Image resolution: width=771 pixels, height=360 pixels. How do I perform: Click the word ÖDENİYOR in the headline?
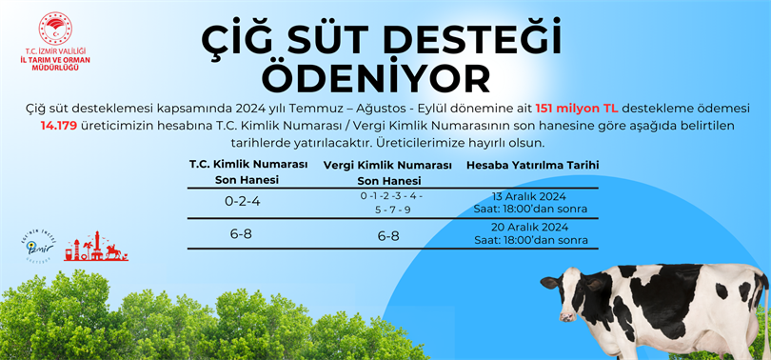tap(376, 78)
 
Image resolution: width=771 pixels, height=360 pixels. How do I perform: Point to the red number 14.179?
tap(58, 126)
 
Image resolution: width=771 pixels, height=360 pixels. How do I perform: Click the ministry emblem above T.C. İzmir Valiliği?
tap(55, 29)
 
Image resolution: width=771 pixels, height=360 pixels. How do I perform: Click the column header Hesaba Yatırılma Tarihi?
tap(532, 166)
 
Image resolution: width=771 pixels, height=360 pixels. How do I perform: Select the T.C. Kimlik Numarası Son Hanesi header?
tap(248, 172)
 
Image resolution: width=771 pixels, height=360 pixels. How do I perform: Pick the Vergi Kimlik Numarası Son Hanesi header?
tap(387, 173)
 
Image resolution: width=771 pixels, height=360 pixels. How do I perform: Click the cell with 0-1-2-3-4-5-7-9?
tap(391, 203)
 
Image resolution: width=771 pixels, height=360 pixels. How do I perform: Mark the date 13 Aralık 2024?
tap(528, 197)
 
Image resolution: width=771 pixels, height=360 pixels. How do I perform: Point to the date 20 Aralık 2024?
tap(529, 228)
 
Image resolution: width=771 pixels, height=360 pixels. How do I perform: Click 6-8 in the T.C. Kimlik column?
tap(241, 234)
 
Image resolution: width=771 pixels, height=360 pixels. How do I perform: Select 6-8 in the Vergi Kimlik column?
tap(388, 236)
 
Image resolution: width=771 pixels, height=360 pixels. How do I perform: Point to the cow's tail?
tap(765, 314)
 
